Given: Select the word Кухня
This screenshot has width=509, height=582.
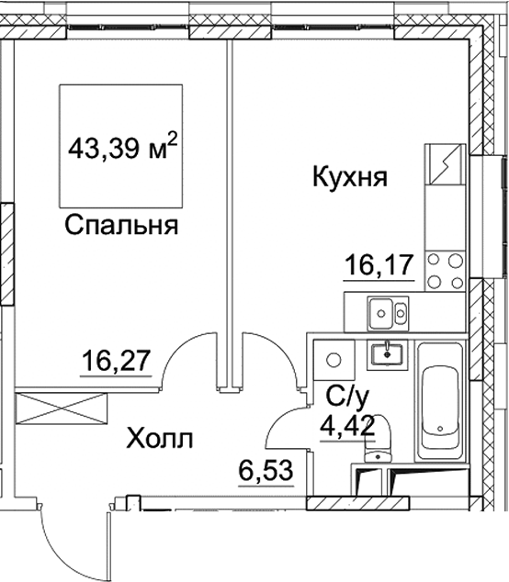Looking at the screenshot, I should click(351, 177).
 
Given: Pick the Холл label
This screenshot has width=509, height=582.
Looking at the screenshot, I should click(160, 440).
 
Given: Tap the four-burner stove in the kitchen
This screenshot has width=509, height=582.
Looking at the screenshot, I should click(447, 269).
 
